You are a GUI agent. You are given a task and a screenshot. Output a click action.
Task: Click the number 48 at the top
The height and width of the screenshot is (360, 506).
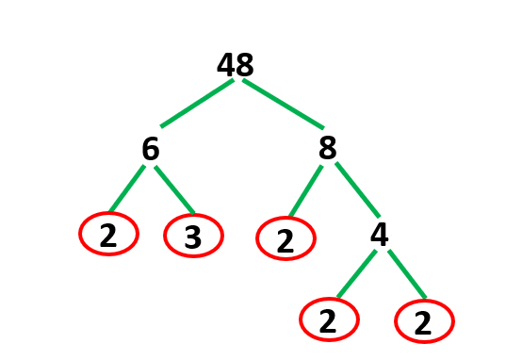click(x=236, y=65)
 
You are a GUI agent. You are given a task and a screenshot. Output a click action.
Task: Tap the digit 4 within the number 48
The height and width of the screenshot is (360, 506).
click(x=226, y=65)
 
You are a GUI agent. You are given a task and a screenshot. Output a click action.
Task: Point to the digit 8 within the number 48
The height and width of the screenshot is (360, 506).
click(x=245, y=65)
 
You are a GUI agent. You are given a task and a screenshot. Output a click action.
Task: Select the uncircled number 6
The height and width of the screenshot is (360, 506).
click(x=150, y=149)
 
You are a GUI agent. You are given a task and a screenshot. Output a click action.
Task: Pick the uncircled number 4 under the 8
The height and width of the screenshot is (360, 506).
click(x=379, y=236)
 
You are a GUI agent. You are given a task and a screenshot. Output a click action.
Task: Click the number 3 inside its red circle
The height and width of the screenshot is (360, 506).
click(x=192, y=237)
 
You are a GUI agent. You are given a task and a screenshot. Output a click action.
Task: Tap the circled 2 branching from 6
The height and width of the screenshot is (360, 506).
click(x=108, y=236)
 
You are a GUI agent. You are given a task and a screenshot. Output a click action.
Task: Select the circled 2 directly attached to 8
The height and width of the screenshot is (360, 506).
click(x=285, y=239)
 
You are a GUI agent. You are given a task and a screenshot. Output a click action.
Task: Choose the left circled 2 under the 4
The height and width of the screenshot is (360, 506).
click(x=328, y=322)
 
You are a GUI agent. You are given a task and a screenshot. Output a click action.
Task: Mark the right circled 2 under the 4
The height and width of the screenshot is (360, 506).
click(x=423, y=323)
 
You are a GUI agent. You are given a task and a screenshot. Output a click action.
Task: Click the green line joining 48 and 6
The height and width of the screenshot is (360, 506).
click(x=197, y=104)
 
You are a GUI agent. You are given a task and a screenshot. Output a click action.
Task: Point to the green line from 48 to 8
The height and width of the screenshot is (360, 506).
click(x=283, y=104)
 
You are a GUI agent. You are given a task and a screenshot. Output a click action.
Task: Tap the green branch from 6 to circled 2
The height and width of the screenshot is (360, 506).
click(x=127, y=189)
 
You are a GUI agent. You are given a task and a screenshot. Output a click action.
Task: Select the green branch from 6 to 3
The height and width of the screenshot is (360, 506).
click(x=174, y=189)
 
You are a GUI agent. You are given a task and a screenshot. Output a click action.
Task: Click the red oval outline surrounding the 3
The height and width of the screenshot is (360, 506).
click(x=165, y=236)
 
